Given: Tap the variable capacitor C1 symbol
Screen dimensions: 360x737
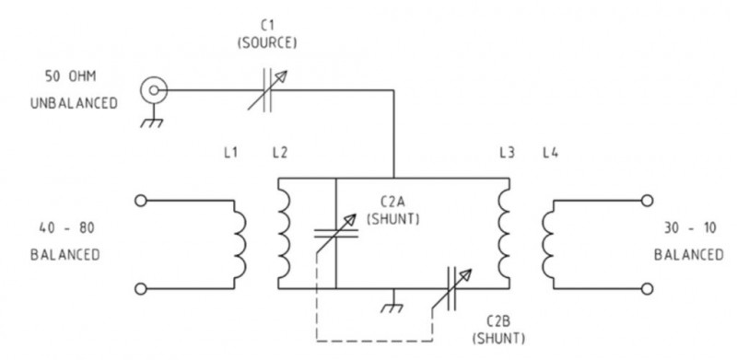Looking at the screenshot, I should (270, 90).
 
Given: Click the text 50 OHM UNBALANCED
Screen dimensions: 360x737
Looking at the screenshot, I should (79, 88).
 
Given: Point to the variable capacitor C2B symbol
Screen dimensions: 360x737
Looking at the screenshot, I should (455, 287).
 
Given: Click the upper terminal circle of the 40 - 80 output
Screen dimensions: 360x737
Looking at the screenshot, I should (141, 199).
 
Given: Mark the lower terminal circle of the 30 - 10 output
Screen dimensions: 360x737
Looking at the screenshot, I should (649, 288).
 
